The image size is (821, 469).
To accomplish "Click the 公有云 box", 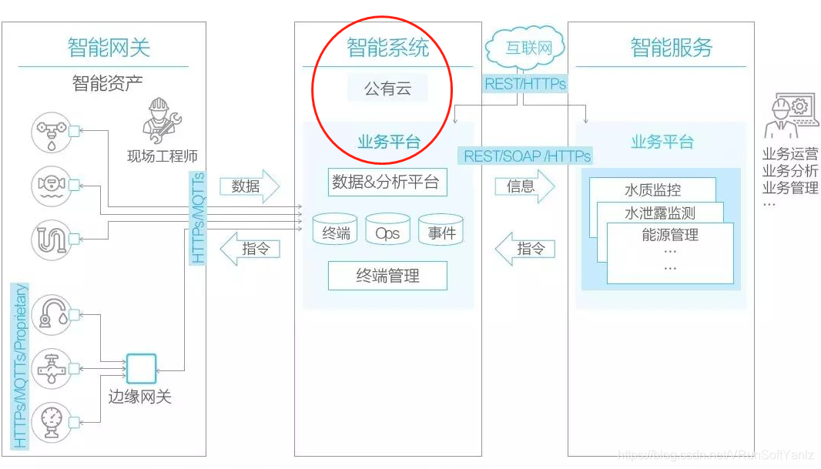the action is click(387, 89).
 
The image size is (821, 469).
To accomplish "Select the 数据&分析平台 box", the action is click(387, 182).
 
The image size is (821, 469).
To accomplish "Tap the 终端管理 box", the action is click(387, 276).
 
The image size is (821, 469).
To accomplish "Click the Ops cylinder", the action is click(387, 230).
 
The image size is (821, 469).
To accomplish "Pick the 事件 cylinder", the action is click(441, 230).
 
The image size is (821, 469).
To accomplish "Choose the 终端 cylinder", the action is click(335, 230).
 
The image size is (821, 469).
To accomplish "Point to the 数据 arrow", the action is click(249, 186).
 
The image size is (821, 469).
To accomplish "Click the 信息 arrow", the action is click(524, 186).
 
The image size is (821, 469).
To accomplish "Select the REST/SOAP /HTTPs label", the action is click(527, 156).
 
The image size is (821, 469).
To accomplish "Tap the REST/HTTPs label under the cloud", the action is click(525, 84).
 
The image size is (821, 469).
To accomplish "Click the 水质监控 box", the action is click(652, 190).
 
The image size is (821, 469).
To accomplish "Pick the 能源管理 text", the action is click(670, 235).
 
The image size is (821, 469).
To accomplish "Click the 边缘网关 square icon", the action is click(141, 369).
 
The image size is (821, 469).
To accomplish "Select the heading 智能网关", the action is click(109, 48).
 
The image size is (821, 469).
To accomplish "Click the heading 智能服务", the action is click(672, 48).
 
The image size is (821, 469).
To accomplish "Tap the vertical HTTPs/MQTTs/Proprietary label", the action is click(21, 366).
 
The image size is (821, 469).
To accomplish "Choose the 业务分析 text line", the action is click(790, 170).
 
